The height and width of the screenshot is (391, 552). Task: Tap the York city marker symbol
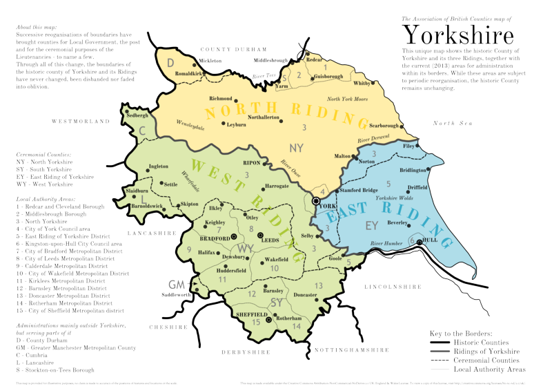coord(316,200)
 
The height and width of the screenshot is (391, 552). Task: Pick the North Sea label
coord(452,123)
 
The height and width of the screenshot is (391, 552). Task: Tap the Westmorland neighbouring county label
coord(85,122)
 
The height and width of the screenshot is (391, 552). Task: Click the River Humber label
coord(387,243)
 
